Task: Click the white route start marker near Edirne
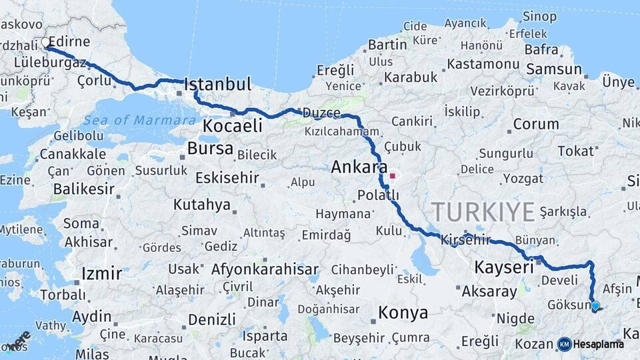point(46,43)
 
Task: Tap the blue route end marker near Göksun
point(595,306)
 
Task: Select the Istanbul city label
point(217,85)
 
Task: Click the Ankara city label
point(359,167)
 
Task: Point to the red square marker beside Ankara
point(393,177)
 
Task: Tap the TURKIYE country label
point(483,212)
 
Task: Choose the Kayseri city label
point(503,267)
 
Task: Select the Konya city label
point(403,312)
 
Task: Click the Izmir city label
point(101,273)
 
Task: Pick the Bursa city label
point(210,148)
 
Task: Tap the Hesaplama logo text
point(599,344)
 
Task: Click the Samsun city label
point(553,69)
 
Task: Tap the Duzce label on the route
point(321,113)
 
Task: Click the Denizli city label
point(211,319)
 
